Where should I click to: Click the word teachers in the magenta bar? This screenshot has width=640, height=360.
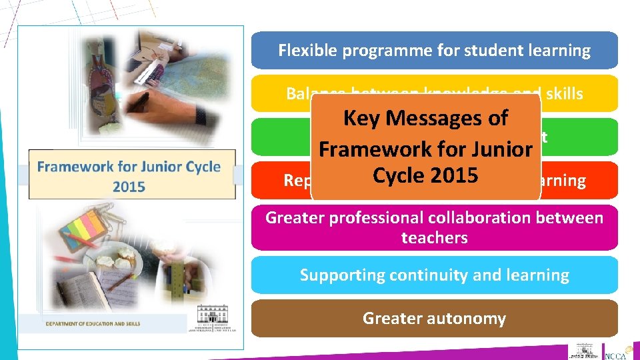point(434,238)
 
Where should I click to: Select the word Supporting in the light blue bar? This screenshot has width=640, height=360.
point(335,275)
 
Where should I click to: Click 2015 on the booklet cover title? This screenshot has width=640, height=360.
point(129,186)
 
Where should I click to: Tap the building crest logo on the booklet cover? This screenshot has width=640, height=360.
point(212,316)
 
